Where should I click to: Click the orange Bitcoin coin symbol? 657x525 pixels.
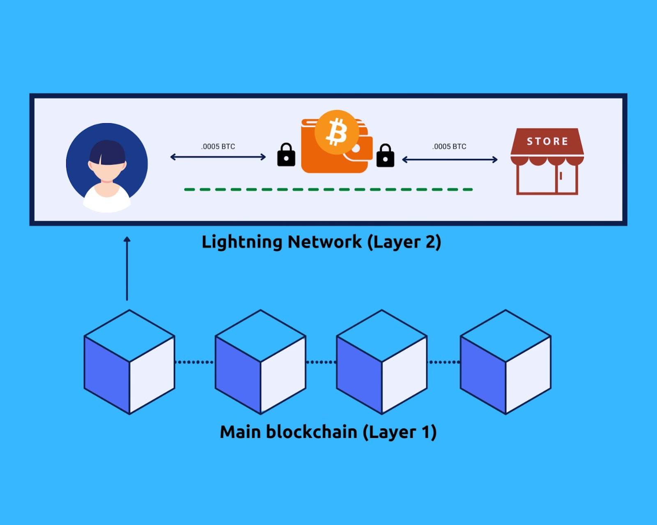pyautogui.click(x=337, y=133)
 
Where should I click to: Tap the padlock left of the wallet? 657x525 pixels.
pyautogui.click(x=286, y=155)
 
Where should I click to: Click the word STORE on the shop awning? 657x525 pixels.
pyautogui.click(x=547, y=141)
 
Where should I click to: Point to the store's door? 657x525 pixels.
pyautogui.click(x=566, y=179)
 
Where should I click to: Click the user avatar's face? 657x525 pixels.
pyautogui.click(x=107, y=170)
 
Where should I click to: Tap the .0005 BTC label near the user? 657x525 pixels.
pyautogui.click(x=218, y=147)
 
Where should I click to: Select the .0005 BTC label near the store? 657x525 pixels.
pyautogui.click(x=449, y=147)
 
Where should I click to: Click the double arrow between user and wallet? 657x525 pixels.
pyautogui.click(x=218, y=157)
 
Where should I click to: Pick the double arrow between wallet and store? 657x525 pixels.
pyautogui.click(x=450, y=159)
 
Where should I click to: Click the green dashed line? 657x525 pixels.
pyautogui.click(x=328, y=190)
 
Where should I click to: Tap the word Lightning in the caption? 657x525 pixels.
pyautogui.click(x=242, y=242)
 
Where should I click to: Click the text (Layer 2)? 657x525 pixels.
pyautogui.click(x=404, y=242)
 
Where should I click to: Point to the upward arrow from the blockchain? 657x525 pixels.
pyautogui.click(x=127, y=268)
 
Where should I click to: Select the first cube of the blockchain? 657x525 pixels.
pyautogui.click(x=129, y=362)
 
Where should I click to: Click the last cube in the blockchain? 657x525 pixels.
pyautogui.click(x=505, y=362)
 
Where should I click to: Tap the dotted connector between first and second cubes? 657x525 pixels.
pyautogui.click(x=195, y=362)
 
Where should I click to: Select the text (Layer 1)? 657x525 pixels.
pyautogui.click(x=400, y=432)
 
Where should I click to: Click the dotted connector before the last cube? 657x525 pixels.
pyautogui.click(x=443, y=362)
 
